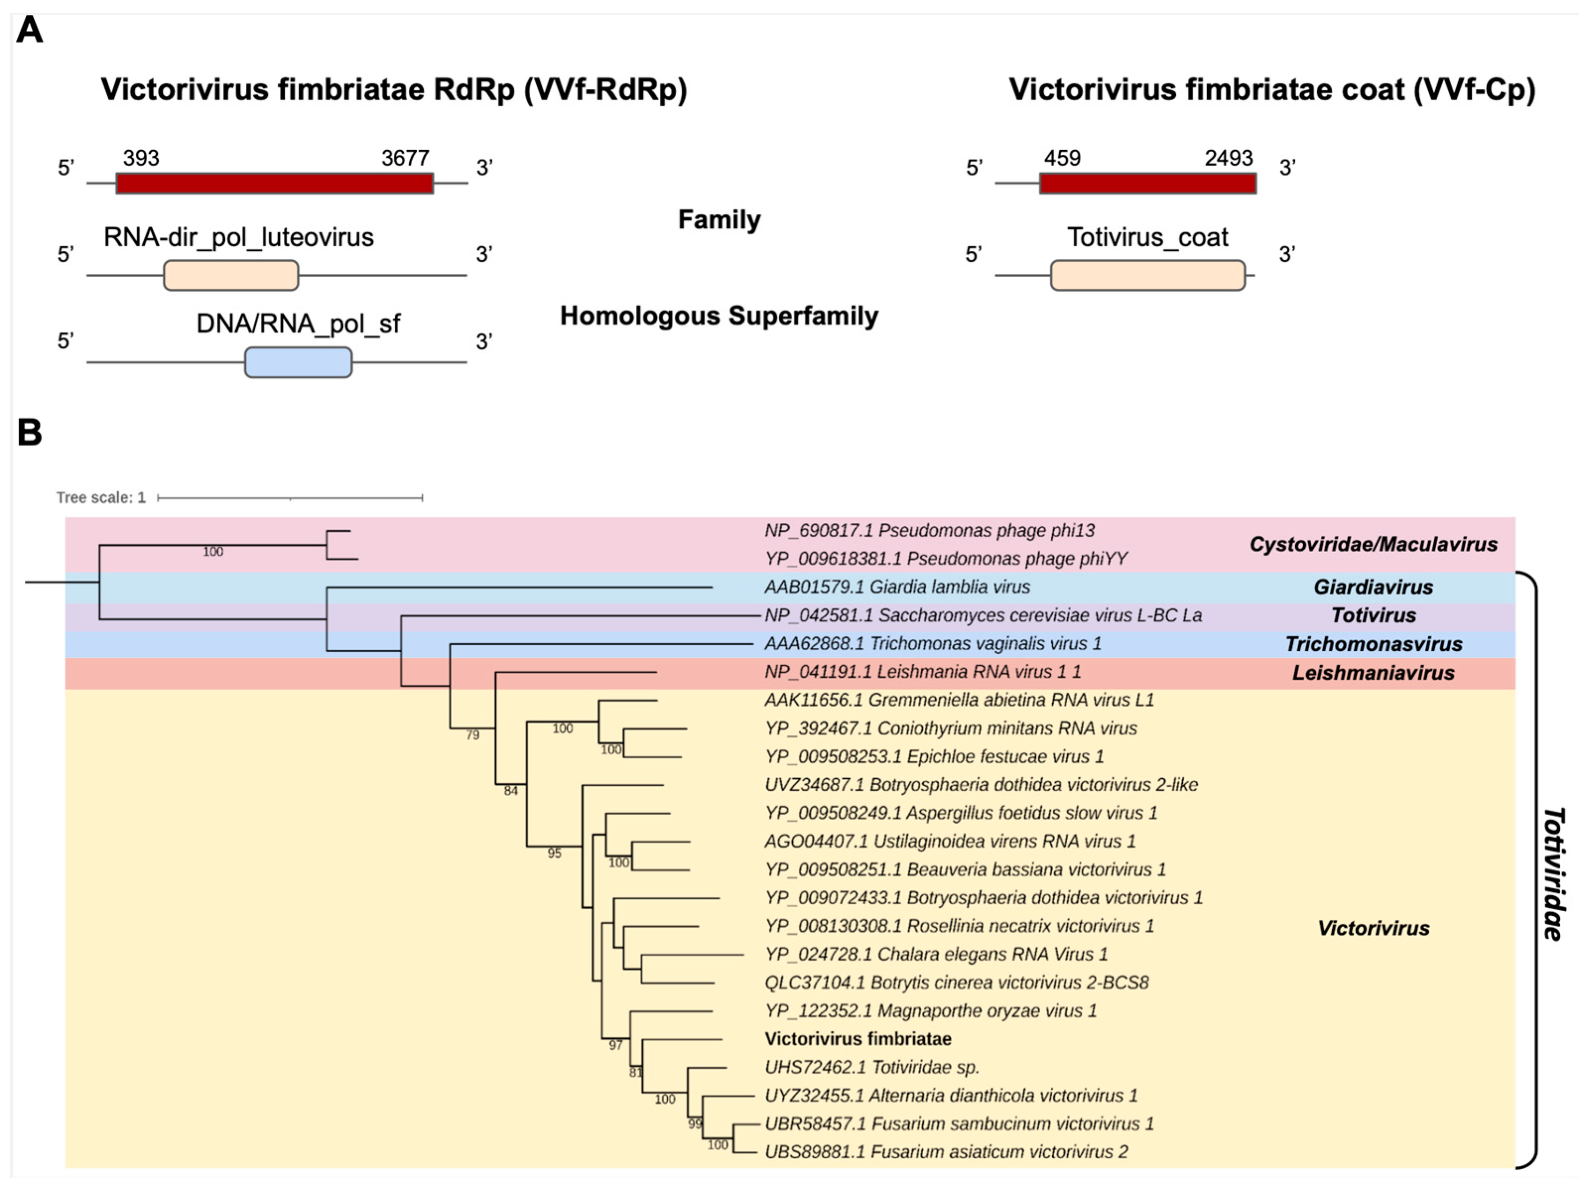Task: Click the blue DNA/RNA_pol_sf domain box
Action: [298, 362]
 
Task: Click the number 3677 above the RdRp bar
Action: [405, 158]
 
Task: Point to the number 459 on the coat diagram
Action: [1062, 158]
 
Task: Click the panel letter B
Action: [29, 433]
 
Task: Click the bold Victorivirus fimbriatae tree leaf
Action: [858, 1039]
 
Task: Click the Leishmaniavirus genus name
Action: [1373, 672]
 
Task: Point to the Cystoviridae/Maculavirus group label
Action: [1373, 544]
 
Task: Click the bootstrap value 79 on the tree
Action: [472, 735]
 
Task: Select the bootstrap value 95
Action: [554, 853]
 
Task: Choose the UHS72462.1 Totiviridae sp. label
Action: [871, 1067]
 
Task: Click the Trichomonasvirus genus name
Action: [1373, 644]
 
